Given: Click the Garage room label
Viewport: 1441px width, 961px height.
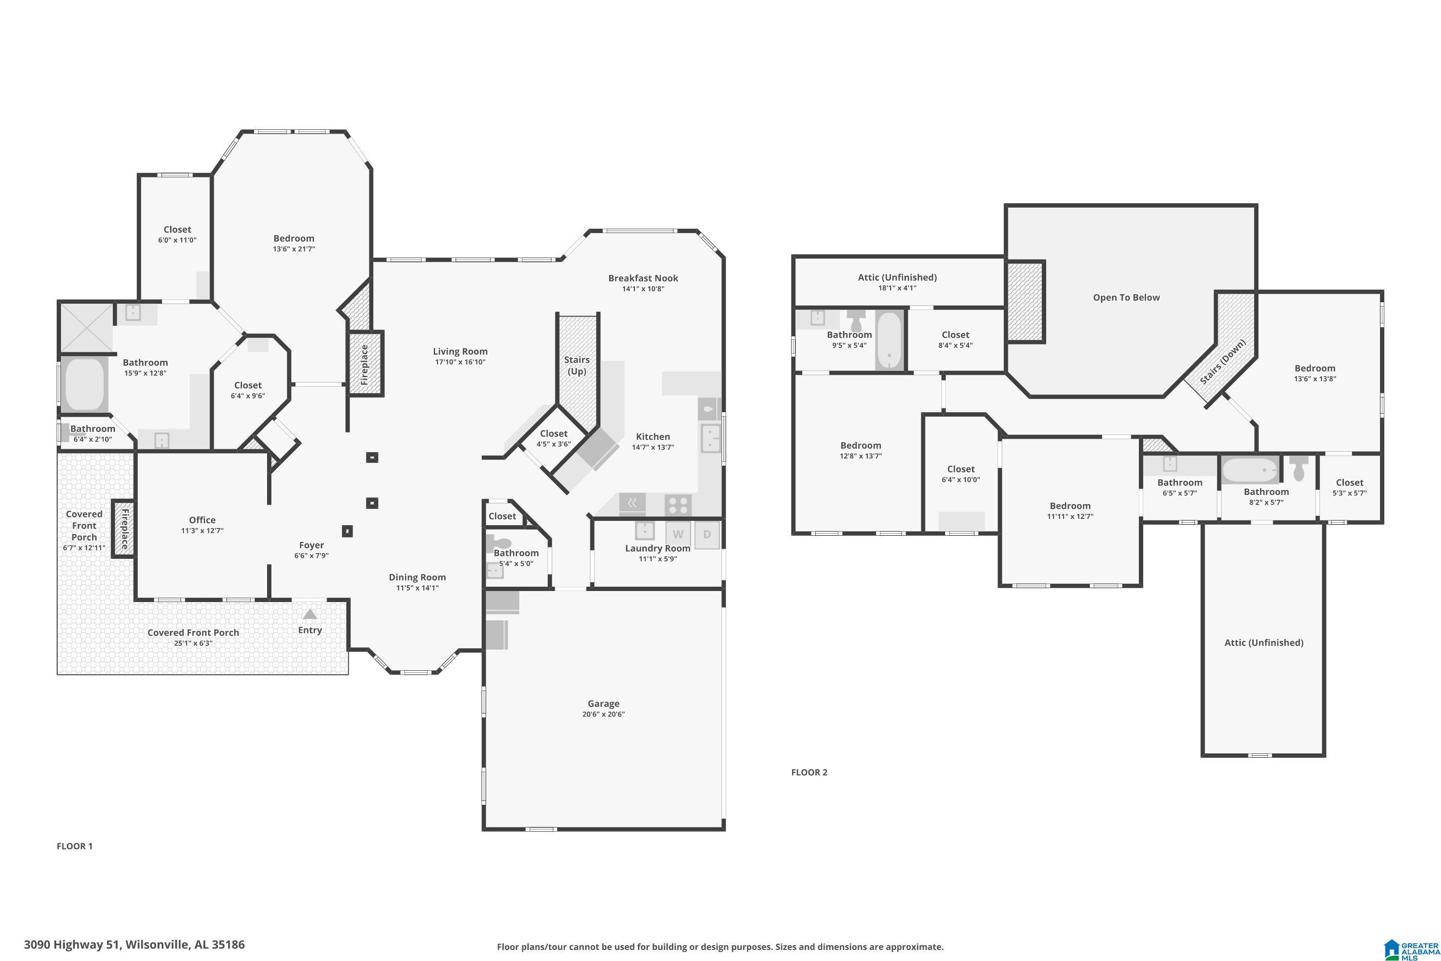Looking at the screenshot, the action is [603, 703].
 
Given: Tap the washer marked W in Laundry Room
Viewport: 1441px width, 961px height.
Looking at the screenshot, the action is [678, 534].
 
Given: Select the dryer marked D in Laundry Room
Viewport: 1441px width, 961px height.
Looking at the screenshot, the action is [707, 534].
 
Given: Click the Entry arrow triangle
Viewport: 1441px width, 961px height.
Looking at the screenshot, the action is [310, 614].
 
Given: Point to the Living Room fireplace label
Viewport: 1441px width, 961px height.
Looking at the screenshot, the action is [365, 365].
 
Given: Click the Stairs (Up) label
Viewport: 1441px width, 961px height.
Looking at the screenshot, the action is [576, 365].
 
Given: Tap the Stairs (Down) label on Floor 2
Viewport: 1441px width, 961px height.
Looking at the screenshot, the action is [1223, 362].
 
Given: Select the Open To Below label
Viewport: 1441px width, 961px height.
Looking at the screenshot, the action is [1126, 297].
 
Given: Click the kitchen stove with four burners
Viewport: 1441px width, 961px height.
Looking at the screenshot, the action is [678, 505].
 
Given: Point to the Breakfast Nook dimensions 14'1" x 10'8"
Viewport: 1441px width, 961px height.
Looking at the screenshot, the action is [643, 289].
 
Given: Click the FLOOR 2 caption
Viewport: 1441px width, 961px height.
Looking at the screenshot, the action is [809, 772].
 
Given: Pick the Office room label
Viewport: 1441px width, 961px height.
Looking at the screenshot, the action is [202, 520].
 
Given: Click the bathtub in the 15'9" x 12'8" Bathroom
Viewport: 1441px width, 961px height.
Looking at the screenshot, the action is [85, 384].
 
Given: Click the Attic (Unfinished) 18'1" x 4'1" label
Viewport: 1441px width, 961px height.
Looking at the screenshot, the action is [897, 282].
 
